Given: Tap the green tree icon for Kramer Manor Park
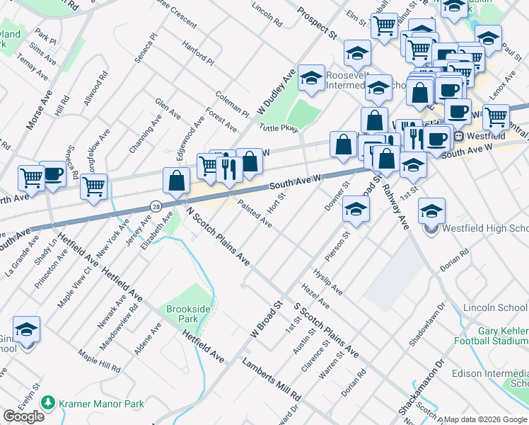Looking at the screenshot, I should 48,403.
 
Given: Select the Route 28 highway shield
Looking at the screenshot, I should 156,206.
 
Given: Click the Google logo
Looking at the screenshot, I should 23,416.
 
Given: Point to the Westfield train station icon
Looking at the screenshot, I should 459,136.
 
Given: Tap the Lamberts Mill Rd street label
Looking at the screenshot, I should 272,378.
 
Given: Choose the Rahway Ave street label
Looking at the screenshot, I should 395,203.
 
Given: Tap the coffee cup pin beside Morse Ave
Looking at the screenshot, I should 53,175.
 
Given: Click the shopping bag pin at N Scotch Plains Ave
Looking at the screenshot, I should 176,181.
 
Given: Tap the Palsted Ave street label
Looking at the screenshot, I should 255,212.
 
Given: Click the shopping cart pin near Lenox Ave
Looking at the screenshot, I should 496,117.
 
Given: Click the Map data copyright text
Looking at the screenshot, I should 486,419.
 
